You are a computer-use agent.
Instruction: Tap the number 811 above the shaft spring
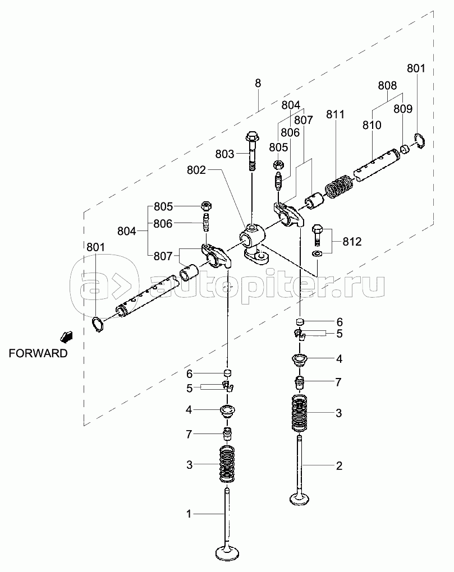tap(335, 116)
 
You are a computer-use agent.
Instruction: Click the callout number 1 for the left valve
tap(189, 513)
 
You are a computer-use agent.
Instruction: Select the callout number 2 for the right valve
tap(339, 465)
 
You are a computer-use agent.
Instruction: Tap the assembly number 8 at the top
tap(258, 83)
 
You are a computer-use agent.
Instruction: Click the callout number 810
tap(372, 124)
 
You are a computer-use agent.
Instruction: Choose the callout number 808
tap(387, 86)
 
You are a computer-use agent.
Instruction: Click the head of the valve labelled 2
tap(301, 497)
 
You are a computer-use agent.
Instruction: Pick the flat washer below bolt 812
tap(317, 255)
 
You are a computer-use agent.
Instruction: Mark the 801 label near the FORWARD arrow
tap(95, 247)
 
